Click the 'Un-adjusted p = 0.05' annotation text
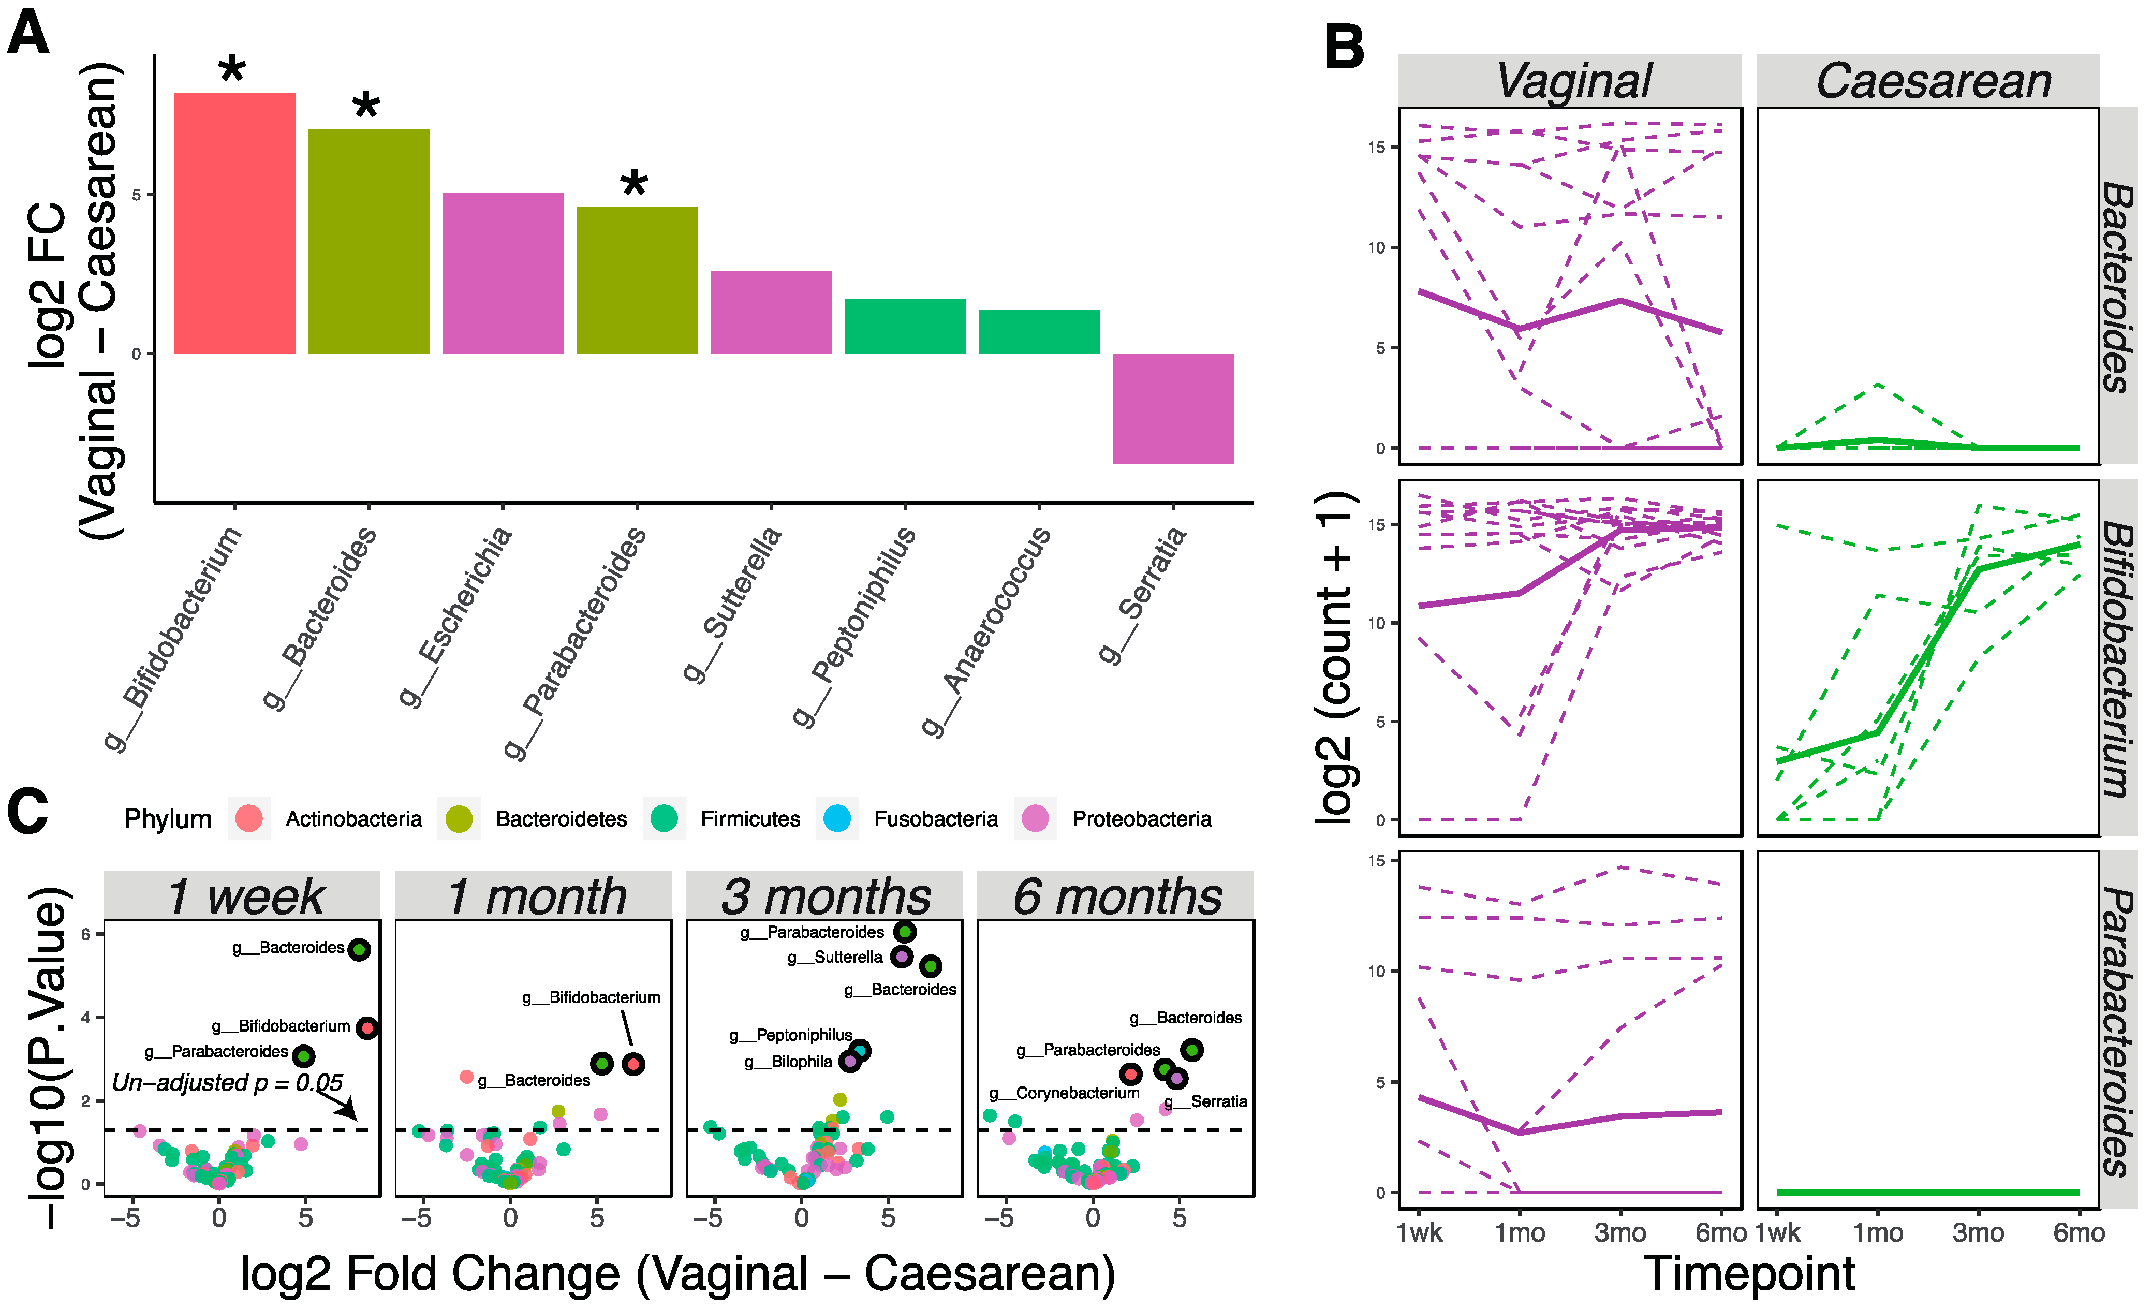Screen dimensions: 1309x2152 [x=227, y=1083]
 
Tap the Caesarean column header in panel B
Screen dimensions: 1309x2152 [x=1934, y=81]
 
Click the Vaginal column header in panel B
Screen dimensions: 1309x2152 [x=1572, y=81]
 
